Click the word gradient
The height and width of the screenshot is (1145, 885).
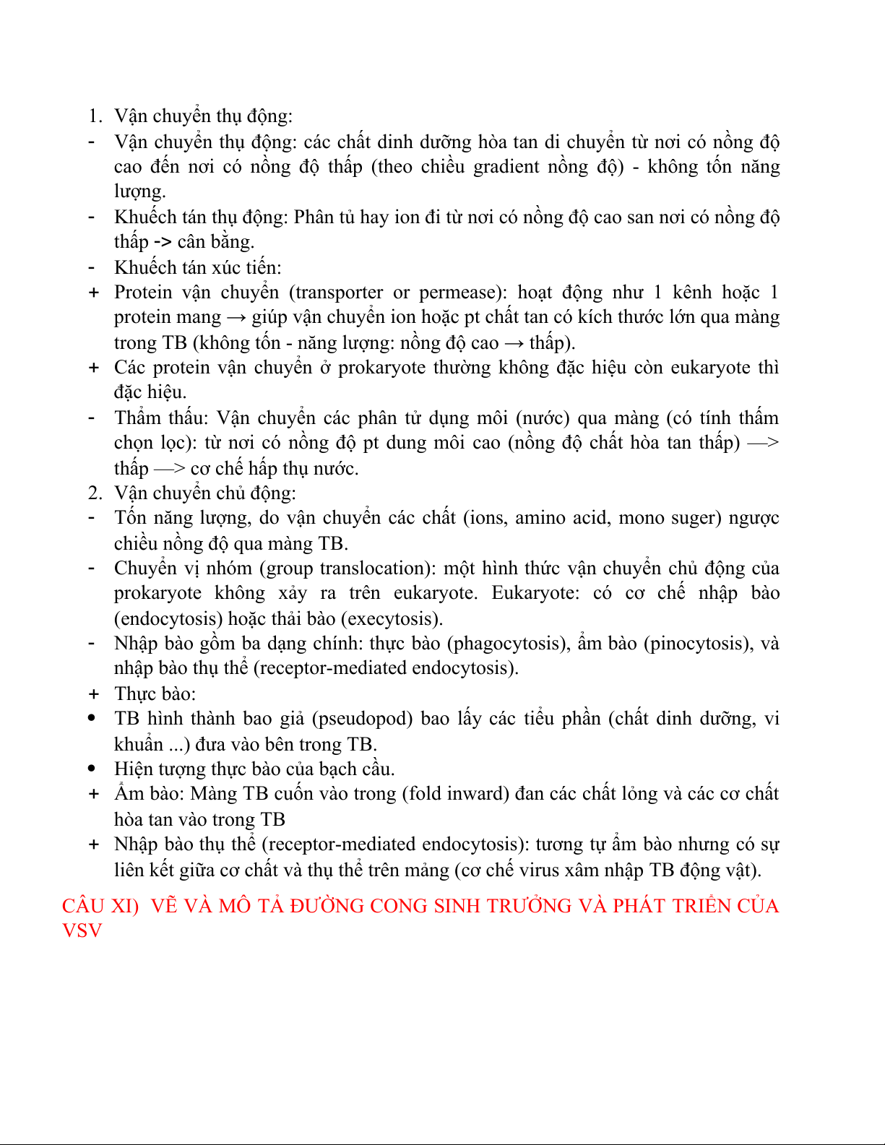point(506,167)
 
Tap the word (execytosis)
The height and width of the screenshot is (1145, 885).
point(395,619)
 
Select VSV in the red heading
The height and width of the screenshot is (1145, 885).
point(82,930)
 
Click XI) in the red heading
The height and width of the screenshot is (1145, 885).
point(124,906)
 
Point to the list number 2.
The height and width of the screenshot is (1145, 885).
point(95,493)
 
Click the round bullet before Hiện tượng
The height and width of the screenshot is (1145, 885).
point(92,769)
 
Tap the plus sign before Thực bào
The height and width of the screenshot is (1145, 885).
point(93,694)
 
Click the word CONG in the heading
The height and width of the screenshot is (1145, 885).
point(399,906)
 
